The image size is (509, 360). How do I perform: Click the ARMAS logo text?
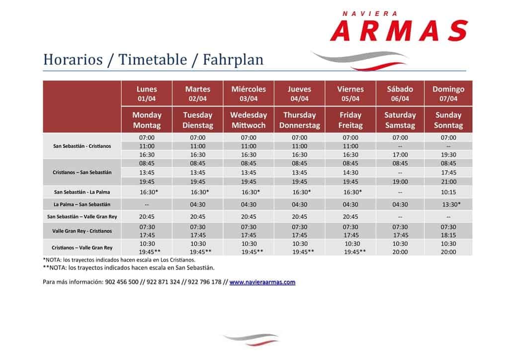point(399,30)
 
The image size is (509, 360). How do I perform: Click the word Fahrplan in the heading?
point(233,59)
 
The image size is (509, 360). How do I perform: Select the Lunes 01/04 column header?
point(147,93)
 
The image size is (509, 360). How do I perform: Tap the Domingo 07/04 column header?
point(448,93)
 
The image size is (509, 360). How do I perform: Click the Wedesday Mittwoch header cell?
point(249,120)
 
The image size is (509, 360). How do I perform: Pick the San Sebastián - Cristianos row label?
point(82,146)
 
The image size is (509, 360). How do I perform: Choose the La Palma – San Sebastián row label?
point(82,204)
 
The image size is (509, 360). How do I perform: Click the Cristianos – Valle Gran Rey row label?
point(82,248)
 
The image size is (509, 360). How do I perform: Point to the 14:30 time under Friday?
point(350,173)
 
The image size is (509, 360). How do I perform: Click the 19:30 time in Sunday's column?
point(448,155)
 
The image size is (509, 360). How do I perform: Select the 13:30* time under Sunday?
point(451,204)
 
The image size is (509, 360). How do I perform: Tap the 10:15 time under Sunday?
point(448,192)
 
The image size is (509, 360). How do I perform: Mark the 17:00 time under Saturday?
point(400,155)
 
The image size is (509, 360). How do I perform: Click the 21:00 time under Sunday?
point(448,182)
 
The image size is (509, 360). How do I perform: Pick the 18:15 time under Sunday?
point(448,235)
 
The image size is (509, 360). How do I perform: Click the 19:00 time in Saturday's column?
point(400,182)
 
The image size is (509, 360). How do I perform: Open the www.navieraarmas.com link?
point(262,282)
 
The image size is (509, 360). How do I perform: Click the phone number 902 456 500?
point(122,282)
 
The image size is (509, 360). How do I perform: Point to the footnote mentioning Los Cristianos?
point(119,260)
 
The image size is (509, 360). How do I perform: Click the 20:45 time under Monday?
point(147,216)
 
